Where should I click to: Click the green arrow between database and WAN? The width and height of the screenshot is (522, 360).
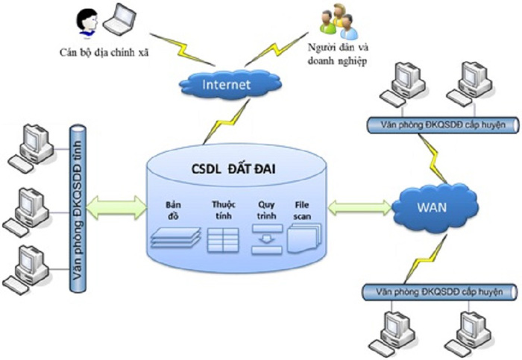pos(359,208)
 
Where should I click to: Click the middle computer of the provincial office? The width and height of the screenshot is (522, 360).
pos(28,206)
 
